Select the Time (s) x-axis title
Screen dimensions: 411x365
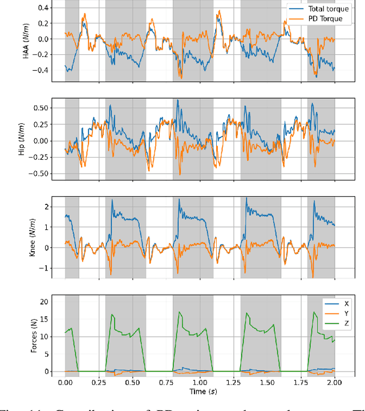pyautogui.click(x=199, y=392)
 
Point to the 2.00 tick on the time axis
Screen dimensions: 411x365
pyautogui.click(x=334, y=382)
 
